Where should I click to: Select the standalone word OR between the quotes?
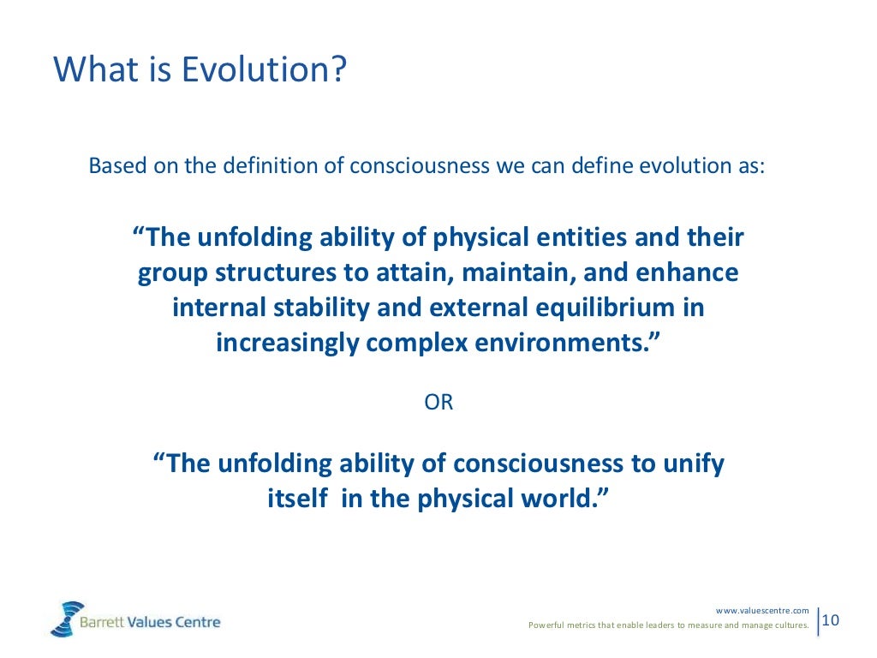pos(438,403)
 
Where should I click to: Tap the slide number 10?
pos(831,619)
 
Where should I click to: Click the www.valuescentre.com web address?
pos(761,610)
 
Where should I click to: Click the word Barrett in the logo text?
pos(102,622)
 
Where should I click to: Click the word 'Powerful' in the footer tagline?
pos(546,625)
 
